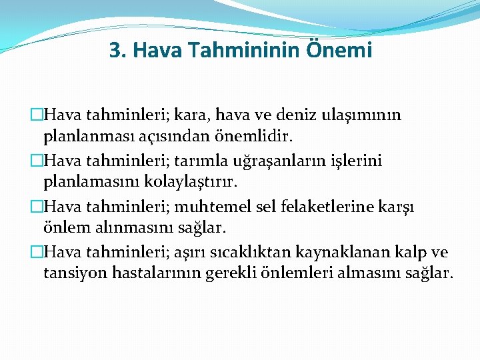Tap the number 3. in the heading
pos(117,50)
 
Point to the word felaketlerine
pos(314,206)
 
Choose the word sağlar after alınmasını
pos(205,228)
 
